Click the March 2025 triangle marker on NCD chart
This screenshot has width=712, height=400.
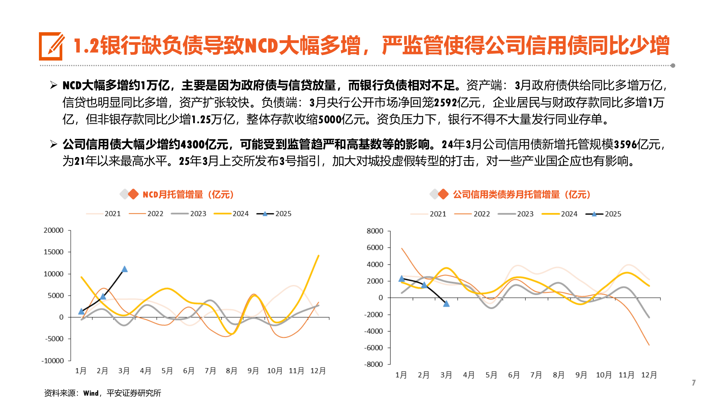(125, 269)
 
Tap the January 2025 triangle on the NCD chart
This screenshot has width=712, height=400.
(82, 311)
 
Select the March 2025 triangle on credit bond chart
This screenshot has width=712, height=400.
(446, 304)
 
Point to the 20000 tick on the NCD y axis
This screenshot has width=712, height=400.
(54, 230)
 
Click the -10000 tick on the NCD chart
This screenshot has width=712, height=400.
(53, 361)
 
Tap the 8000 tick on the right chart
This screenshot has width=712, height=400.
(375, 231)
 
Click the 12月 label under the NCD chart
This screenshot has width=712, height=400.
(318, 371)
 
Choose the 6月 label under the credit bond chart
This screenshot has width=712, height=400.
(514, 375)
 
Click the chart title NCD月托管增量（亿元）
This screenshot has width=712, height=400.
(188, 194)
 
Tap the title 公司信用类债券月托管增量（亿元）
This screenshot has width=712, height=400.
(521, 194)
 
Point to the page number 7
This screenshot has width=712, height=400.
(693, 383)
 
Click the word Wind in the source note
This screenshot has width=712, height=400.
(91, 393)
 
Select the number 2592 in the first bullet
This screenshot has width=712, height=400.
(445, 103)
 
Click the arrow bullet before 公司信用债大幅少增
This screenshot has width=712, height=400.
(53, 144)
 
